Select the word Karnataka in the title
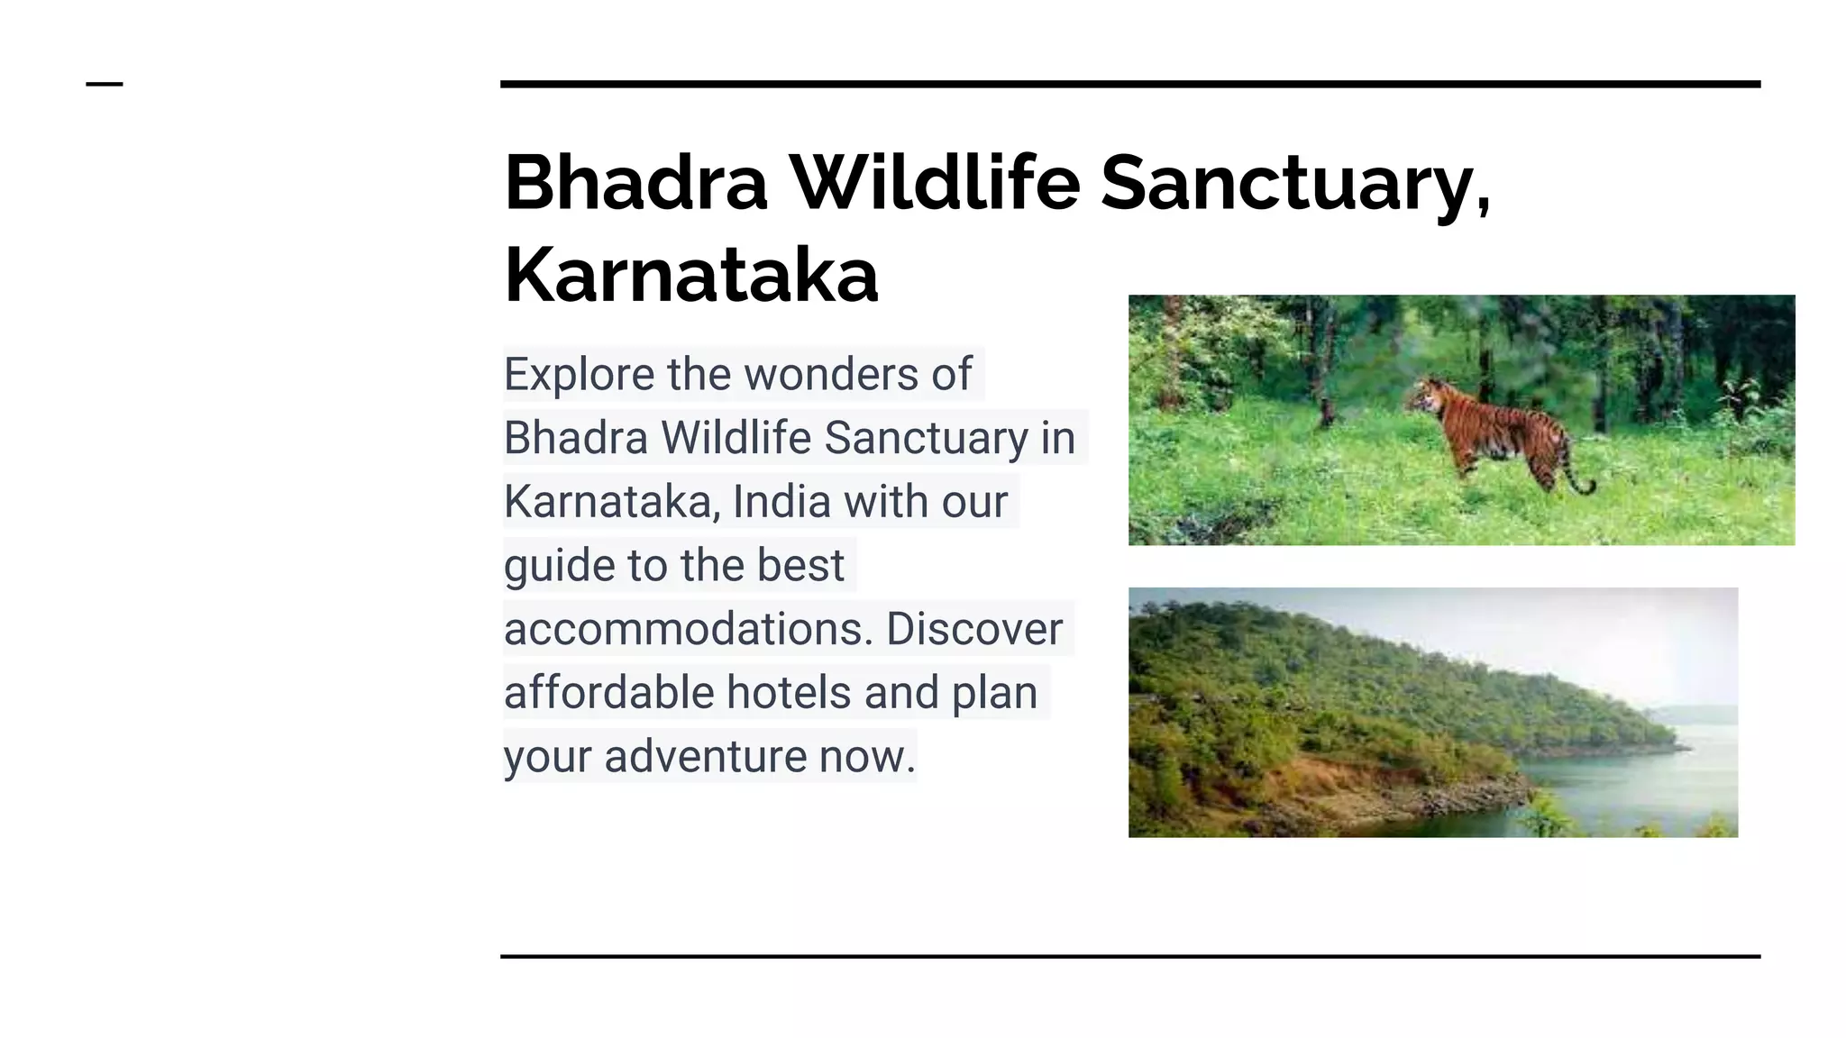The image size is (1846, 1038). (x=690, y=275)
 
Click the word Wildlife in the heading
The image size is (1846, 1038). (x=935, y=183)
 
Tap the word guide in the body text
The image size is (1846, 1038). (x=559, y=566)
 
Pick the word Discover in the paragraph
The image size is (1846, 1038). (x=973, y=629)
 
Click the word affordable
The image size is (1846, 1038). (x=608, y=693)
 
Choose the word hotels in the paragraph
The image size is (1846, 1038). (x=789, y=693)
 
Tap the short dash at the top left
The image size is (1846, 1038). (x=105, y=84)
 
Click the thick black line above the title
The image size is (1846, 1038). (x=1130, y=84)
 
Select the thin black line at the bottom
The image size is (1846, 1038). (x=1130, y=956)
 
